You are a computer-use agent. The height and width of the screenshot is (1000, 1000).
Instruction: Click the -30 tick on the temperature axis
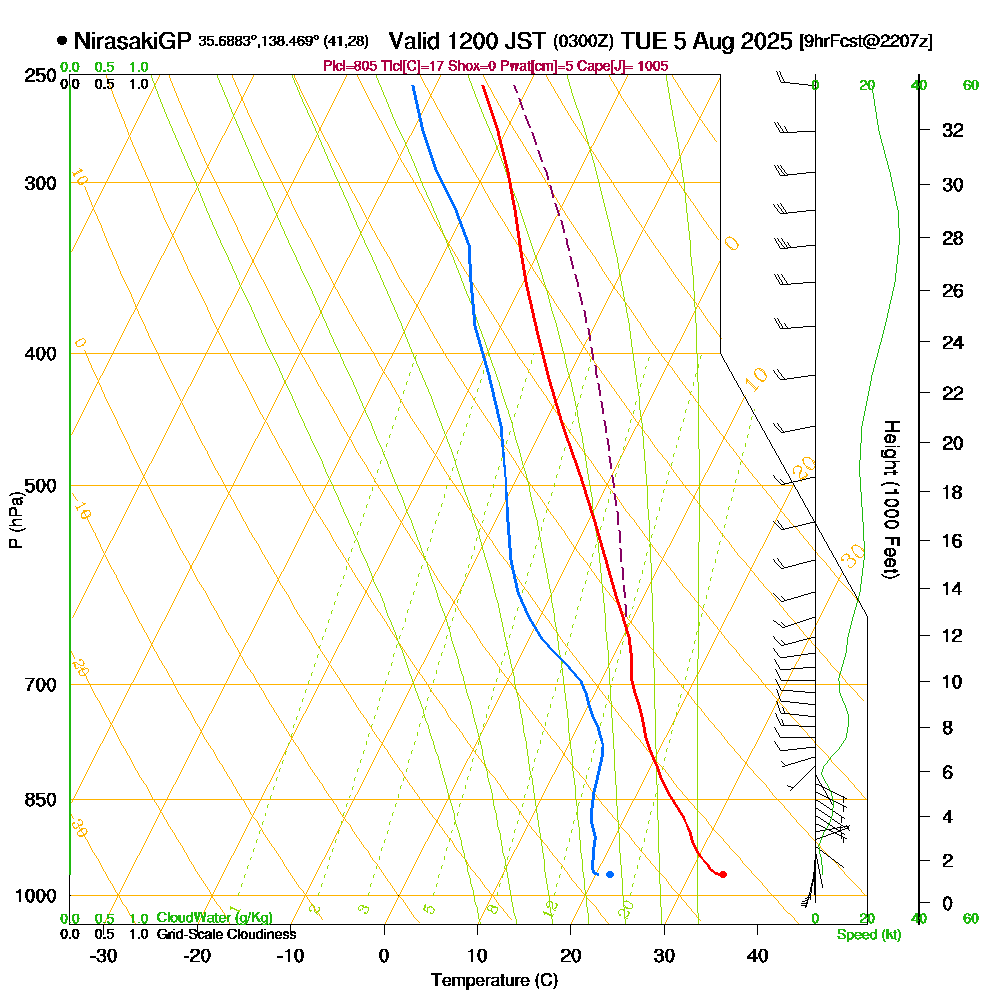(104, 955)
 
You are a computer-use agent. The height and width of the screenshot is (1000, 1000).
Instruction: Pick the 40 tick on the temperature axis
(757, 955)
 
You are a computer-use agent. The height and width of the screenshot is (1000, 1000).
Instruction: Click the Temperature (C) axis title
(494, 981)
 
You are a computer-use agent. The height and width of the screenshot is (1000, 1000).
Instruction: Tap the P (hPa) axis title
(15, 519)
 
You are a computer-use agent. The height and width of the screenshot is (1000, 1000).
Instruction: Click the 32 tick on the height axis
(953, 130)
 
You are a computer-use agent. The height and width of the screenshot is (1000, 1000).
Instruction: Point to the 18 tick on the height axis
(953, 492)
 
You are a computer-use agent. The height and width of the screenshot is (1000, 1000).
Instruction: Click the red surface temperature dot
(723, 875)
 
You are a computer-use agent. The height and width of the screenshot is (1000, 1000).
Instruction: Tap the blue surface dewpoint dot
(609, 875)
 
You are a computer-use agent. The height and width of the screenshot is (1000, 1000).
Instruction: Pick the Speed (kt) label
(868, 935)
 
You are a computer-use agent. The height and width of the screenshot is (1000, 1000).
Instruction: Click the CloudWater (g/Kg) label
(213, 918)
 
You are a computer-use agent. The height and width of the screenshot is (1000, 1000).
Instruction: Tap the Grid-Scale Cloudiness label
(225, 934)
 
